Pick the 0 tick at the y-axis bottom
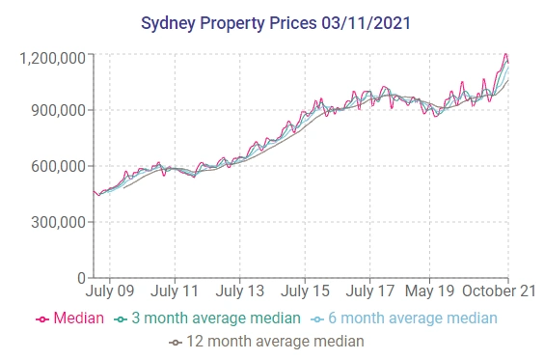[x=82, y=278]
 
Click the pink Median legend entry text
[x=79, y=318]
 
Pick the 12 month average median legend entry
[x=274, y=341]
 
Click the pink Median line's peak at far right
[x=505, y=54]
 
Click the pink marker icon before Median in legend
[x=42, y=318]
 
